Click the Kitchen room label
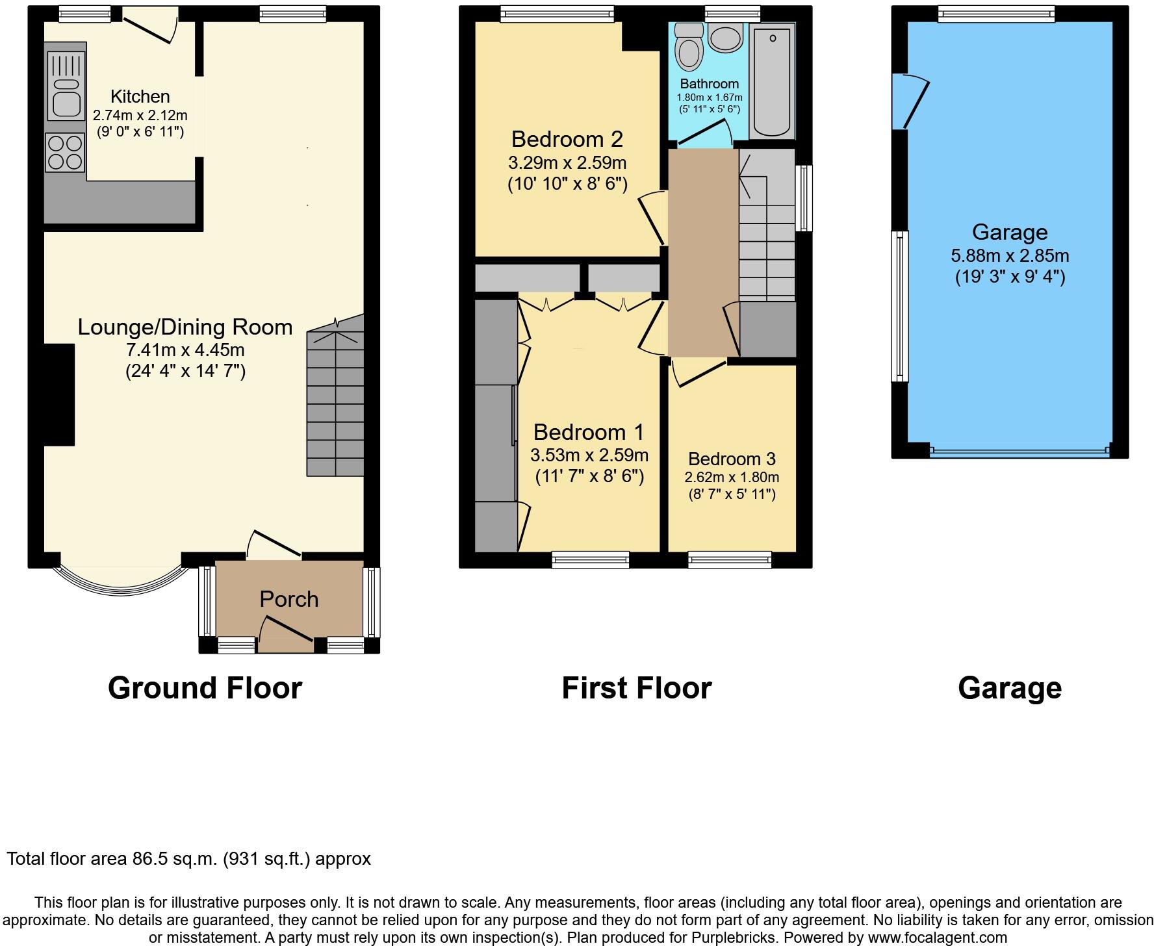[140, 97]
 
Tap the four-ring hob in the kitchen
[65, 152]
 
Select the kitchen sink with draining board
[66, 86]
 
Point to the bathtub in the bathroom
[772, 81]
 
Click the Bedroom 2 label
[567, 139]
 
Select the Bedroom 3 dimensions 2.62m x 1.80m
[732, 477]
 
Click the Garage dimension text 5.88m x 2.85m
[1010, 255]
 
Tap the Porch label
[289, 599]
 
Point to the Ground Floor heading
[205, 688]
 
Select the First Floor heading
[636, 688]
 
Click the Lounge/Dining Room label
[185, 327]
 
